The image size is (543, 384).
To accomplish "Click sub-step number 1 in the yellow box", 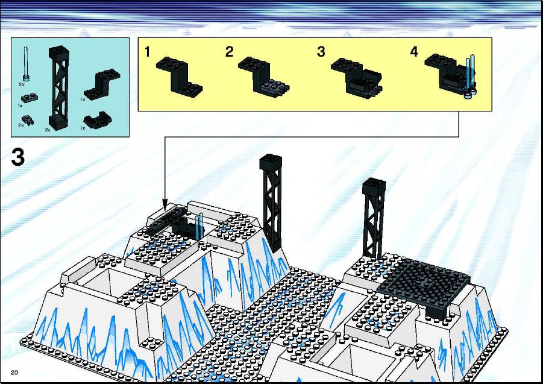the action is pos(148,52).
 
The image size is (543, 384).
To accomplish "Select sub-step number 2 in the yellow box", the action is pos(229,52).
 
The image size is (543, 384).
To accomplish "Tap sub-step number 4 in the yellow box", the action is pos(414,52).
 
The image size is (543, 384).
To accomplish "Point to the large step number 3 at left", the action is pos(18,157).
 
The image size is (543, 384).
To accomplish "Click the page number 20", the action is pos(14,373).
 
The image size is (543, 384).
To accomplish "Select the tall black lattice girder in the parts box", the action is pos(58,88).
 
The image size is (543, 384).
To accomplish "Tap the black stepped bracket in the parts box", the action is pos(102,84).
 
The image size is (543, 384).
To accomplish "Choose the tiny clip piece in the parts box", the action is pos(28,120).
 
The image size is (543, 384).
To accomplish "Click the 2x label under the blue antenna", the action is pos(22,84).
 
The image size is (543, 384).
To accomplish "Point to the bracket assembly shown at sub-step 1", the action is pos(179,76).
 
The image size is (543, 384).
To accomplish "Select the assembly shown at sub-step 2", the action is pos(263,76).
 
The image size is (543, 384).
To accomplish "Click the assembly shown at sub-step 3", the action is pos(357,78).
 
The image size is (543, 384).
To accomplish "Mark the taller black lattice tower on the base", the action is pos(271,202).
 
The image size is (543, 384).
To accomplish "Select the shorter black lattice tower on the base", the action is pos(374,219).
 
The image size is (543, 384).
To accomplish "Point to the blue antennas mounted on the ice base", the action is pos(199,227).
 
